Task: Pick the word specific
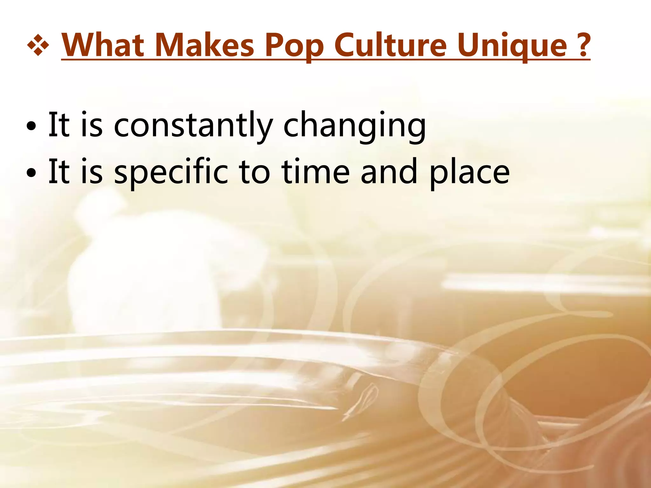point(171,173)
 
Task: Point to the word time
point(316,172)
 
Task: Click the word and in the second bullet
point(389,172)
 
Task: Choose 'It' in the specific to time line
point(58,171)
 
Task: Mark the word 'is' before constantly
point(92,125)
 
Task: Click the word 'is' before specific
point(92,172)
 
